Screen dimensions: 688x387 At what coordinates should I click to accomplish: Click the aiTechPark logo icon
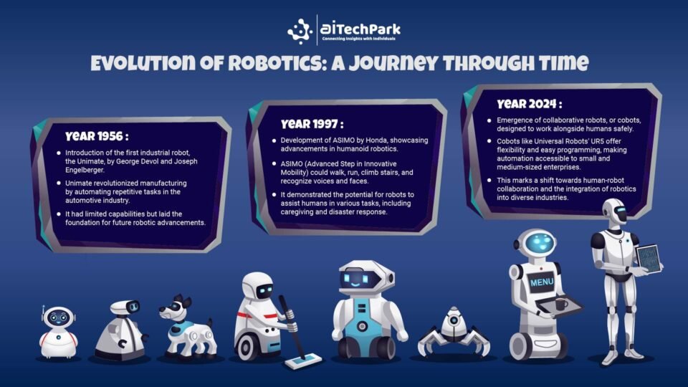[x=300, y=32]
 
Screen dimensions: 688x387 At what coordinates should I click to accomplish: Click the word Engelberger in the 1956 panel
[x=85, y=170]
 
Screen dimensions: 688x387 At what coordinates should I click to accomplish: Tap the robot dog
[x=187, y=328]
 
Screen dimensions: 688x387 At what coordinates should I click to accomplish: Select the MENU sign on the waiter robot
[x=542, y=282]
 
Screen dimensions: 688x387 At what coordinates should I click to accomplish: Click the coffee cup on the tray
[x=560, y=304]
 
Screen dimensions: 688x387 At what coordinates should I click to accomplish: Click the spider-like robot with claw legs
[x=454, y=332]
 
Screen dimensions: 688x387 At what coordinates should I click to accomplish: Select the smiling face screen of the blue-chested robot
[x=361, y=279]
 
